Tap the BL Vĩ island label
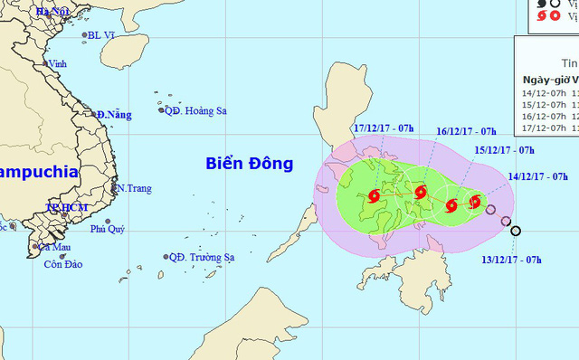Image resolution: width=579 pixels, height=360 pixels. point(101,36)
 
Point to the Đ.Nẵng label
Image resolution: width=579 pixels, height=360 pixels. point(115,114)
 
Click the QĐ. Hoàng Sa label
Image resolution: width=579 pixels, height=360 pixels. point(195,110)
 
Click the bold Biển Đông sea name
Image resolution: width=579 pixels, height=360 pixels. point(249,164)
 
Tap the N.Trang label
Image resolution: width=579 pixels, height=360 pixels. point(133,188)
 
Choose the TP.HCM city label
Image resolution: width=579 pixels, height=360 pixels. point(64,207)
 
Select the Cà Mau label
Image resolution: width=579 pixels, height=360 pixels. point(53,247)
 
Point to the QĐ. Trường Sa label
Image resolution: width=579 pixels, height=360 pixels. point(201,257)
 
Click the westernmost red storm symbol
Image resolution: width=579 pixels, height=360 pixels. point(375,195)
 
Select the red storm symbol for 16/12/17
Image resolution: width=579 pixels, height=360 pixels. point(420,191)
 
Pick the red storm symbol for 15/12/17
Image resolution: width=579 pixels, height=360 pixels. point(451,204)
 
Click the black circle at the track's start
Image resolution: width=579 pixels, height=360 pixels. point(516,232)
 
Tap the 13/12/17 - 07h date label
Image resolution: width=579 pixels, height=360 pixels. point(511,260)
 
